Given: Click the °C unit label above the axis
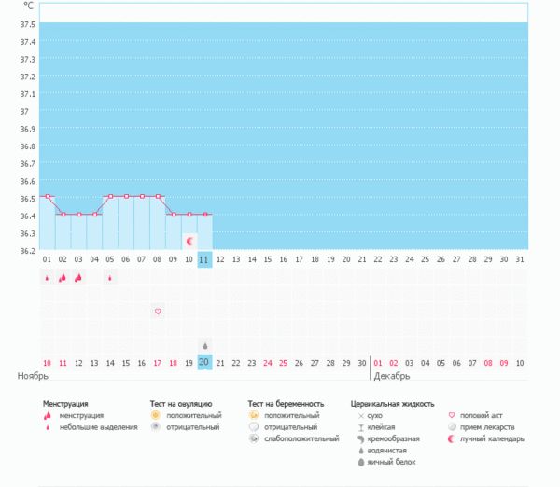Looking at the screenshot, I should (28, 6).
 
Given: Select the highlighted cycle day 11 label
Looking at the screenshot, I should (204, 258).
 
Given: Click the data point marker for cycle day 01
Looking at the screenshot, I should (47, 197).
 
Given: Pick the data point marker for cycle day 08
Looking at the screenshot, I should (158, 197).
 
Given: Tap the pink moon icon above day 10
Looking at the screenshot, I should (189, 241).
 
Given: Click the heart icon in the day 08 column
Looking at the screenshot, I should (158, 311).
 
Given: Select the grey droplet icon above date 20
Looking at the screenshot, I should (204, 344).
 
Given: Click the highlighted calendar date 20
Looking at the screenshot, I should (204, 362).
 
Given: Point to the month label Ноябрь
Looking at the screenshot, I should (33, 376).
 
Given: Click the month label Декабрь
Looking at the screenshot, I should (391, 376).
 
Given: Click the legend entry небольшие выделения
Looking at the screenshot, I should (91, 427).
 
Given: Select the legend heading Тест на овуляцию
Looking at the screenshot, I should (181, 404).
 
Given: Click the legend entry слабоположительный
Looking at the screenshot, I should (301, 438).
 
